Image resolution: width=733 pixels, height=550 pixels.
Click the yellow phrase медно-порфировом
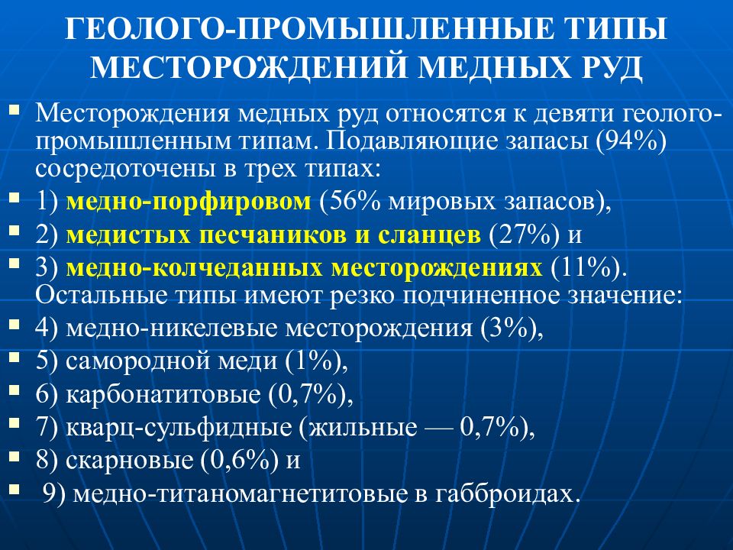[x=189, y=202]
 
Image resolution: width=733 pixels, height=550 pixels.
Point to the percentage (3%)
[x=512, y=328]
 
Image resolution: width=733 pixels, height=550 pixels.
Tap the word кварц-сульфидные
[x=182, y=428]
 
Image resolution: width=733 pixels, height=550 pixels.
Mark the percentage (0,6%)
[x=238, y=461]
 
